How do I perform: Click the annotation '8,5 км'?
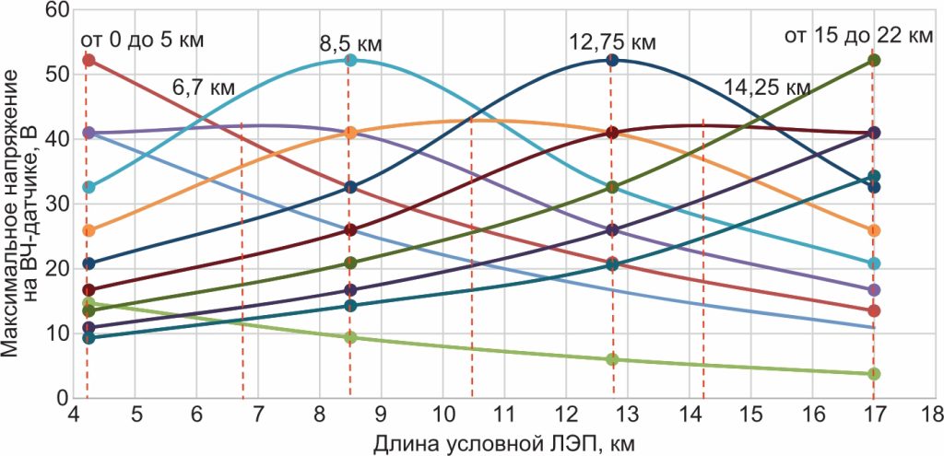350,43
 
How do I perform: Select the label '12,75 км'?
611,42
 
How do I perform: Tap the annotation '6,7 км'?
204,88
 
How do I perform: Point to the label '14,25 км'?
767,88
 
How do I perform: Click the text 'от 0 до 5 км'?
142,40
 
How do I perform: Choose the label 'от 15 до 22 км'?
857,36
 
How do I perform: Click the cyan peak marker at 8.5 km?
350,60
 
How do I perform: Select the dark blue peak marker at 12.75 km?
611,60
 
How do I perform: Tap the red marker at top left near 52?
88,60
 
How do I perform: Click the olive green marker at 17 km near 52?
874,60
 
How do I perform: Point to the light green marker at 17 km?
874,374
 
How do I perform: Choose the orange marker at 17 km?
874,230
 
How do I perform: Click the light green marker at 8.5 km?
350,337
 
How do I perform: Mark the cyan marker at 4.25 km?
88,187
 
